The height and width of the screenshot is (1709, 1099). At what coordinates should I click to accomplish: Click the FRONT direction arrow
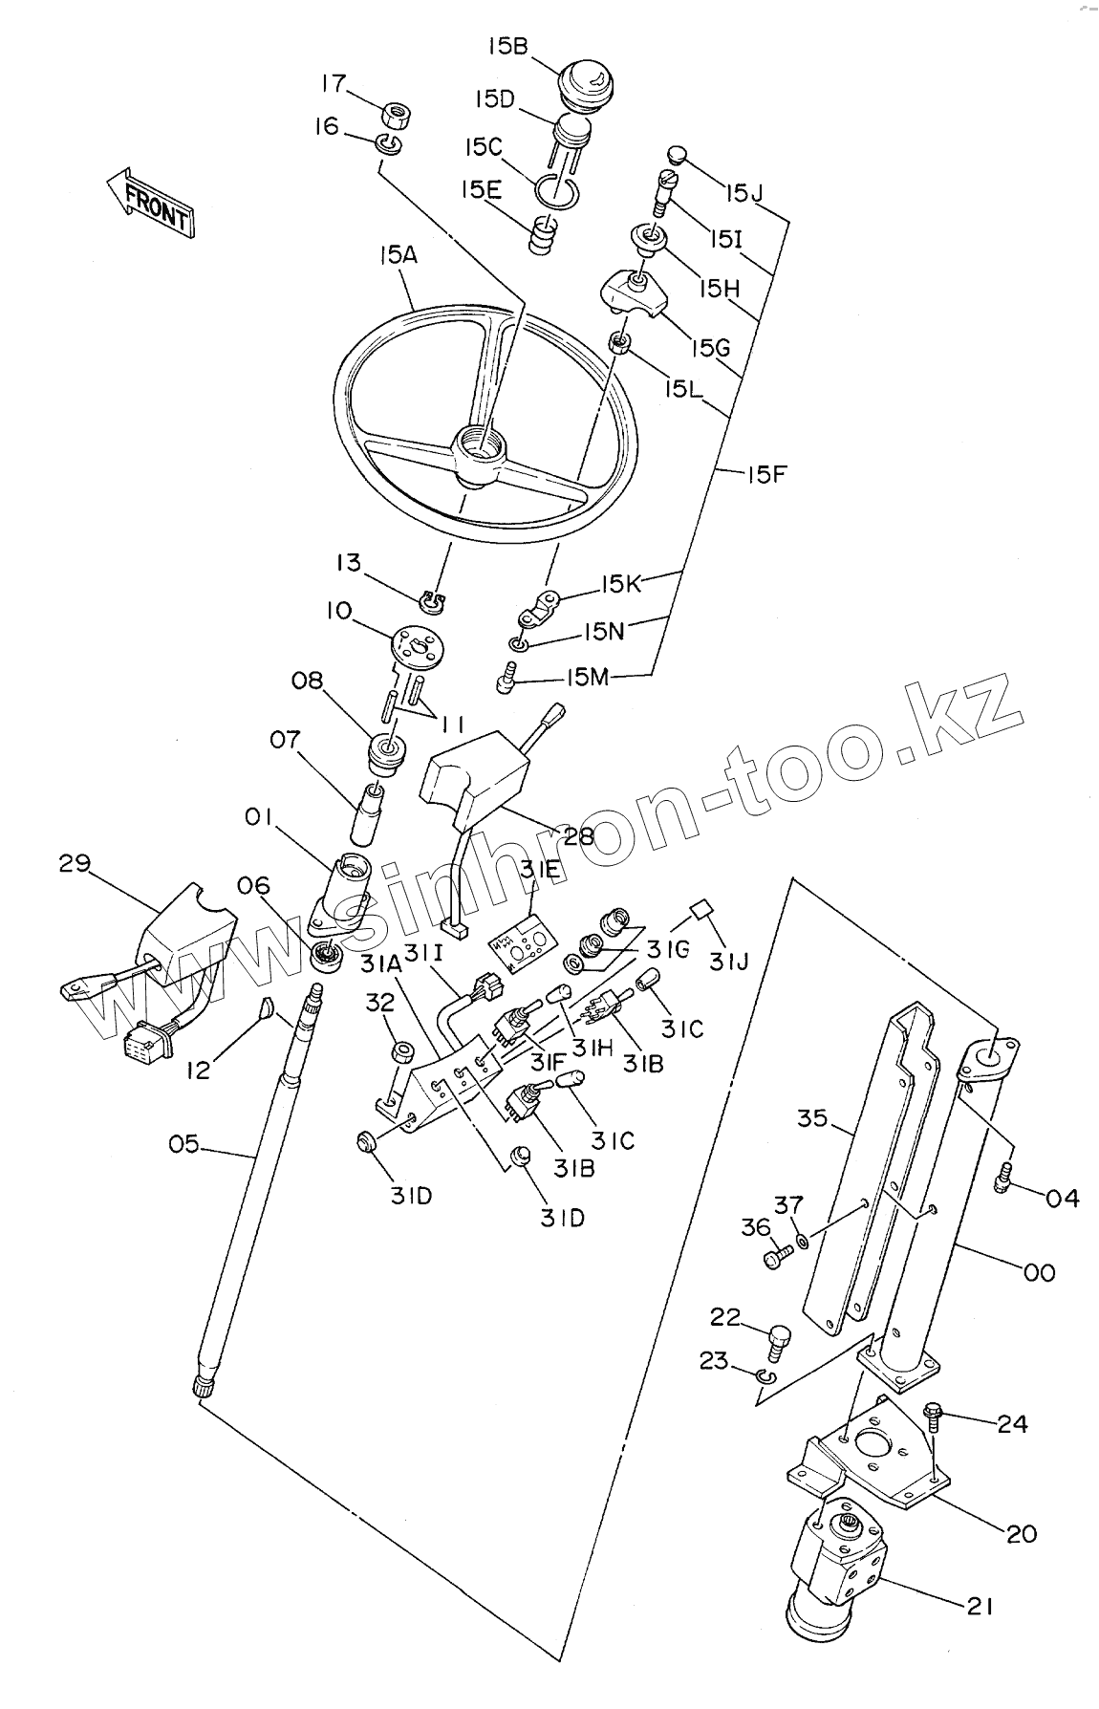pos(149,202)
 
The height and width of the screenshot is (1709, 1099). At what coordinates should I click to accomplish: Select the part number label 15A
pos(399,255)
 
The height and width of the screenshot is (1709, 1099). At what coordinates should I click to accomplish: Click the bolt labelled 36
pos(777,1257)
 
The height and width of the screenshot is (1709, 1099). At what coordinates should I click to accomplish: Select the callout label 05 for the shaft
pos(184,1143)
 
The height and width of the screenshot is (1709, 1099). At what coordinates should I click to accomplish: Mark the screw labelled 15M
pos(506,682)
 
